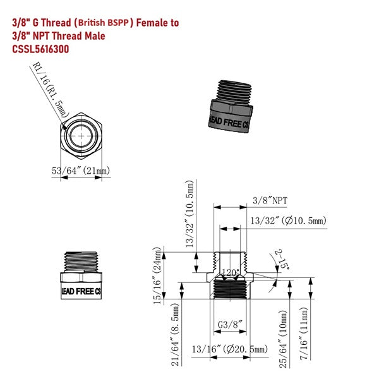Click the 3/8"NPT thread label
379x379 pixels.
click(x=270, y=200)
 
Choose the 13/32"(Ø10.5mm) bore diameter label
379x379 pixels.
click(x=287, y=220)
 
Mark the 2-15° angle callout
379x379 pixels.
click(x=282, y=259)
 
